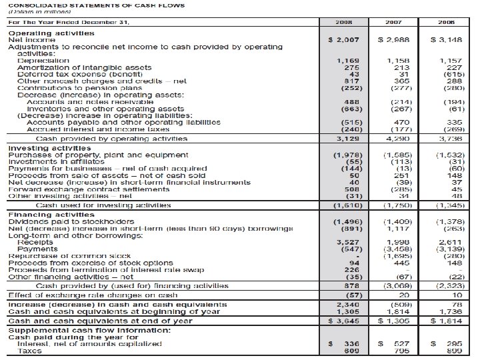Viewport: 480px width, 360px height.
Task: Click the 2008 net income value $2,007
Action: click(x=345, y=40)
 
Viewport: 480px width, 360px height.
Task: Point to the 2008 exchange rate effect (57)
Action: click(x=349, y=293)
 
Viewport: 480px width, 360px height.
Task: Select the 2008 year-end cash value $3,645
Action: click(x=345, y=321)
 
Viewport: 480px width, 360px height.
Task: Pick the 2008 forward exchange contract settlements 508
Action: click(x=350, y=190)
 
